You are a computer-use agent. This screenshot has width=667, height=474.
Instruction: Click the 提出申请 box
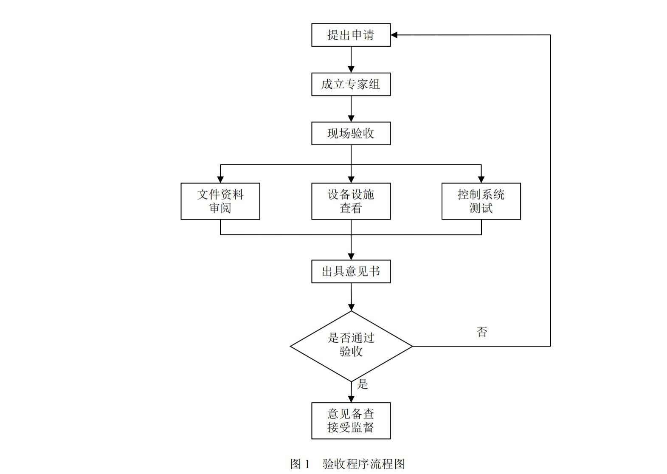pyautogui.click(x=351, y=35)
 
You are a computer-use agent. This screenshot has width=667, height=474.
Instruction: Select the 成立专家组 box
pyautogui.click(x=351, y=84)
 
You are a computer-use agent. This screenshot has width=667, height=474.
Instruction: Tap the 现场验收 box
pyautogui.click(x=351, y=133)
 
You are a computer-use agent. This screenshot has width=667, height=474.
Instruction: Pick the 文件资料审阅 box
pyautogui.click(x=220, y=201)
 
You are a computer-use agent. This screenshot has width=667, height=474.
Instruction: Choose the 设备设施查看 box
pyautogui.click(x=351, y=201)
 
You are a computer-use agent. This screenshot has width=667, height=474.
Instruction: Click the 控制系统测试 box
pyautogui.click(x=481, y=201)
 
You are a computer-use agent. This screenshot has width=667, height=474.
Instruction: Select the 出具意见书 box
pyautogui.click(x=351, y=271)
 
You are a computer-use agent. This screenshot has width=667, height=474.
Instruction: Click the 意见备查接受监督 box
pyautogui.click(x=351, y=420)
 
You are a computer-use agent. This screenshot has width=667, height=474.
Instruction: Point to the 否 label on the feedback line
pyautogui.click(x=482, y=332)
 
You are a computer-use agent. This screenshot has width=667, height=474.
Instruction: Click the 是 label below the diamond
pyautogui.click(x=362, y=384)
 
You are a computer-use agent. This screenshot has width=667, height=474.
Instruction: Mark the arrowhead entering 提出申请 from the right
pyautogui.click(x=394, y=35)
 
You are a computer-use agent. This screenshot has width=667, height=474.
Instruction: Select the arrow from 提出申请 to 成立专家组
pyautogui.click(x=351, y=59)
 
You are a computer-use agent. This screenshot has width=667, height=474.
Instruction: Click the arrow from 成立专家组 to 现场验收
pyautogui.click(x=351, y=109)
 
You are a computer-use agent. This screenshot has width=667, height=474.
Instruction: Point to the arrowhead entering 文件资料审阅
pyautogui.click(x=220, y=179)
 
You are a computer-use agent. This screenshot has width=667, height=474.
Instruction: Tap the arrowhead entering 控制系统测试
pyautogui.click(x=481, y=179)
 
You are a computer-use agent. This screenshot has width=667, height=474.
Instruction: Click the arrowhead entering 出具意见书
pyautogui.click(x=351, y=256)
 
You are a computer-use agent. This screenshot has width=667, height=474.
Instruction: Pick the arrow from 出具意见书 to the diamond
pyautogui.click(x=351, y=297)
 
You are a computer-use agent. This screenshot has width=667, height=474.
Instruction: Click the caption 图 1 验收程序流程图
pyautogui.click(x=347, y=464)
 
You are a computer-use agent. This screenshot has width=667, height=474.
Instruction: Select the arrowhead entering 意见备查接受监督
pyautogui.click(x=351, y=398)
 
